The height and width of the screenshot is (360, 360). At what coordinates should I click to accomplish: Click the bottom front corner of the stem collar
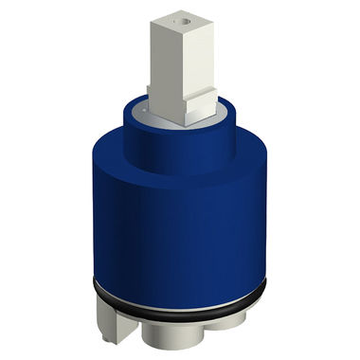tap(185, 123)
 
